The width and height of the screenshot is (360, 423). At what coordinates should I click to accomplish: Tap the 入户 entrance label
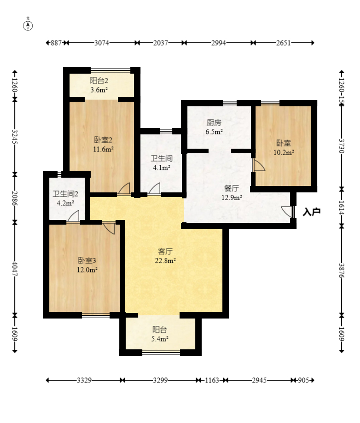click(312, 212)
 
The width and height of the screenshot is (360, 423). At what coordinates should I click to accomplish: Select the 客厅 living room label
click(165, 251)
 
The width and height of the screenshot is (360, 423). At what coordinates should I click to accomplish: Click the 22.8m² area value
click(165, 261)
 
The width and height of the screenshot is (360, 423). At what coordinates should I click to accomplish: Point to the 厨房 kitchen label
click(214, 123)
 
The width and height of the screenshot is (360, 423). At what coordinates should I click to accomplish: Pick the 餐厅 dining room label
click(232, 188)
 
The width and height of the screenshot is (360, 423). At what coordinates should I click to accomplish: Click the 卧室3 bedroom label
click(87, 261)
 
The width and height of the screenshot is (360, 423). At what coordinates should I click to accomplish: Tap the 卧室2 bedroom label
click(103, 140)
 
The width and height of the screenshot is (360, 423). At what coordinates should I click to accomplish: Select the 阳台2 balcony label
click(99, 81)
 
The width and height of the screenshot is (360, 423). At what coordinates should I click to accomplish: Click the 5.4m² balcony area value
click(160, 339)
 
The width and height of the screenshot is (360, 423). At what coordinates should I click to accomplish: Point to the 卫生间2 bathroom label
click(65, 194)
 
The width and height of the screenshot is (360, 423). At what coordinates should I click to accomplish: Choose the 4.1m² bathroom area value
click(162, 168)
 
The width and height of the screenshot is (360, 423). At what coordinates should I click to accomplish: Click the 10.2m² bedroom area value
click(284, 152)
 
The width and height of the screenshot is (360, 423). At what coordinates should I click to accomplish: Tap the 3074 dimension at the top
click(101, 43)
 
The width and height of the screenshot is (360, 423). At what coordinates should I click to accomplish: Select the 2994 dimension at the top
click(219, 43)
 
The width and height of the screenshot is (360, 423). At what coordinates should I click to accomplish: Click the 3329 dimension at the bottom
click(84, 380)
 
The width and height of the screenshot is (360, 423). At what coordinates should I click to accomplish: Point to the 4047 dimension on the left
click(15, 269)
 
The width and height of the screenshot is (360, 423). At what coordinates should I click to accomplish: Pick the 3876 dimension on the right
click(342, 271)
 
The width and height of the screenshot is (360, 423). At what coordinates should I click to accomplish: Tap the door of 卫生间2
click(73, 216)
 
